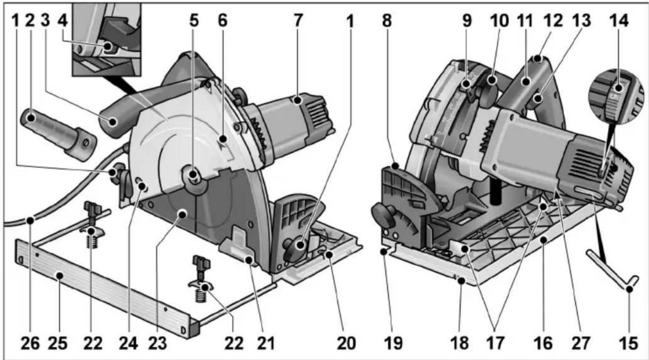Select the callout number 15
point(629,342)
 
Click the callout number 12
point(557,20)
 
